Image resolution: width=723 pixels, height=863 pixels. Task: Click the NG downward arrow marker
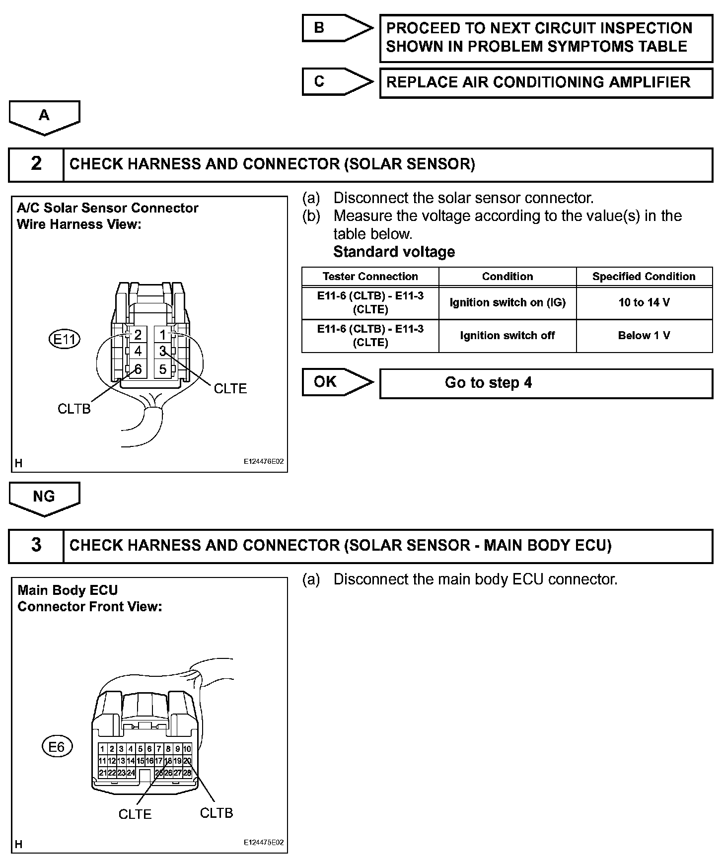[44, 498]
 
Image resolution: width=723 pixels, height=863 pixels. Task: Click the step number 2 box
[36, 164]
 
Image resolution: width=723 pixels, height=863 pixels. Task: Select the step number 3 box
[36, 546]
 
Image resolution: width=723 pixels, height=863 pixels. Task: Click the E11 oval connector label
[65, 340]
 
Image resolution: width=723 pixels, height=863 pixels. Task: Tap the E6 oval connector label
[57, 747]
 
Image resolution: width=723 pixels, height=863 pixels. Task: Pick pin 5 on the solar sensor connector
[163, 369]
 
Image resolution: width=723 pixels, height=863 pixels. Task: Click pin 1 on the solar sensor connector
[163, 335]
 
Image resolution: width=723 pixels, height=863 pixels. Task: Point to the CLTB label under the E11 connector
[74, 409]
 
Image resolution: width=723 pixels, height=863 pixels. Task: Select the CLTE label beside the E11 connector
[230, 388]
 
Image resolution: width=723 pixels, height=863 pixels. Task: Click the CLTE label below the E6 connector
[135, 814]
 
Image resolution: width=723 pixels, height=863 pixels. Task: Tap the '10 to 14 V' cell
[644, 302]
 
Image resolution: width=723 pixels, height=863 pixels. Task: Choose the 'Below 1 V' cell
[644, 336]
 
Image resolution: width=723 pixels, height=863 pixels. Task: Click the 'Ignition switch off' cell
[507, 336]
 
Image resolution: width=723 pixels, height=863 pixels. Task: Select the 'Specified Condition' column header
[644, 277]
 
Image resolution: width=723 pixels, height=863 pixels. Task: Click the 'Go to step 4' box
[546, 383]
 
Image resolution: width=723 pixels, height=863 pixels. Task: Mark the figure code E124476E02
[264, 461]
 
